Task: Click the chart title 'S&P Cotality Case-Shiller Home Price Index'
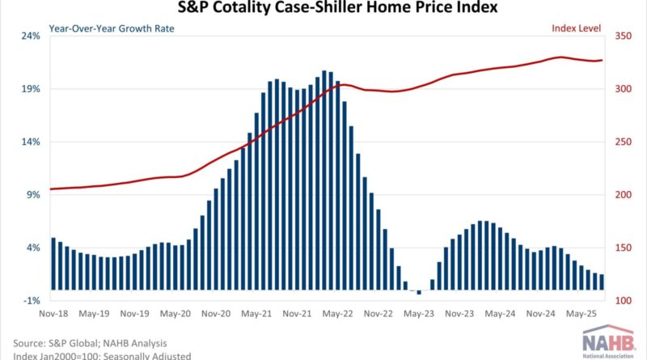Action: click(323, 9)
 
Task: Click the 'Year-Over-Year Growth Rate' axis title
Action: click(112, 28)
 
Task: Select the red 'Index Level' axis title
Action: click(577, 28)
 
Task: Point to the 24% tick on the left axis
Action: click(30, 36)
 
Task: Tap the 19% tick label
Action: click(30, 89)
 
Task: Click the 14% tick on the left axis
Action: click(30, 142)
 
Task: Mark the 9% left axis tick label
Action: click(32, 195)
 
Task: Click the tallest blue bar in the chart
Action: click(323, 180)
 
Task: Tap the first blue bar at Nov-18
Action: click(53, 264)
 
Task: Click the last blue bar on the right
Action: click(602, 282)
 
